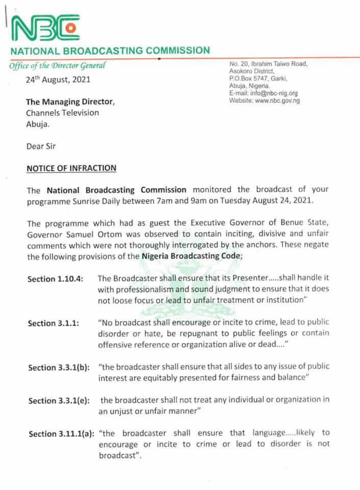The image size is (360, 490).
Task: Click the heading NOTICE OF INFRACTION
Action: coord(71,168)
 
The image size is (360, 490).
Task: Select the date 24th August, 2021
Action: coord(59,80)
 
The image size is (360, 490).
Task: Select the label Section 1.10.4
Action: coord(56,279)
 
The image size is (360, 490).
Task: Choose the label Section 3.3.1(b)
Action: coord(59,367)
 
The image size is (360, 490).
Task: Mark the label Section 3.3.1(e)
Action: coord(59,401)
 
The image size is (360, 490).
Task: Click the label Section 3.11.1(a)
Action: coord(61,434)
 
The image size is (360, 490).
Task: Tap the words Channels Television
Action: coord(63,112)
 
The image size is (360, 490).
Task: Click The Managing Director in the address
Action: coord(70,102)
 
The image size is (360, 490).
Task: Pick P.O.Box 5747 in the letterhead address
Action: coord(252,79)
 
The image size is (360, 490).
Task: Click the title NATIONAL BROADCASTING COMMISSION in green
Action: coord(110,51)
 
